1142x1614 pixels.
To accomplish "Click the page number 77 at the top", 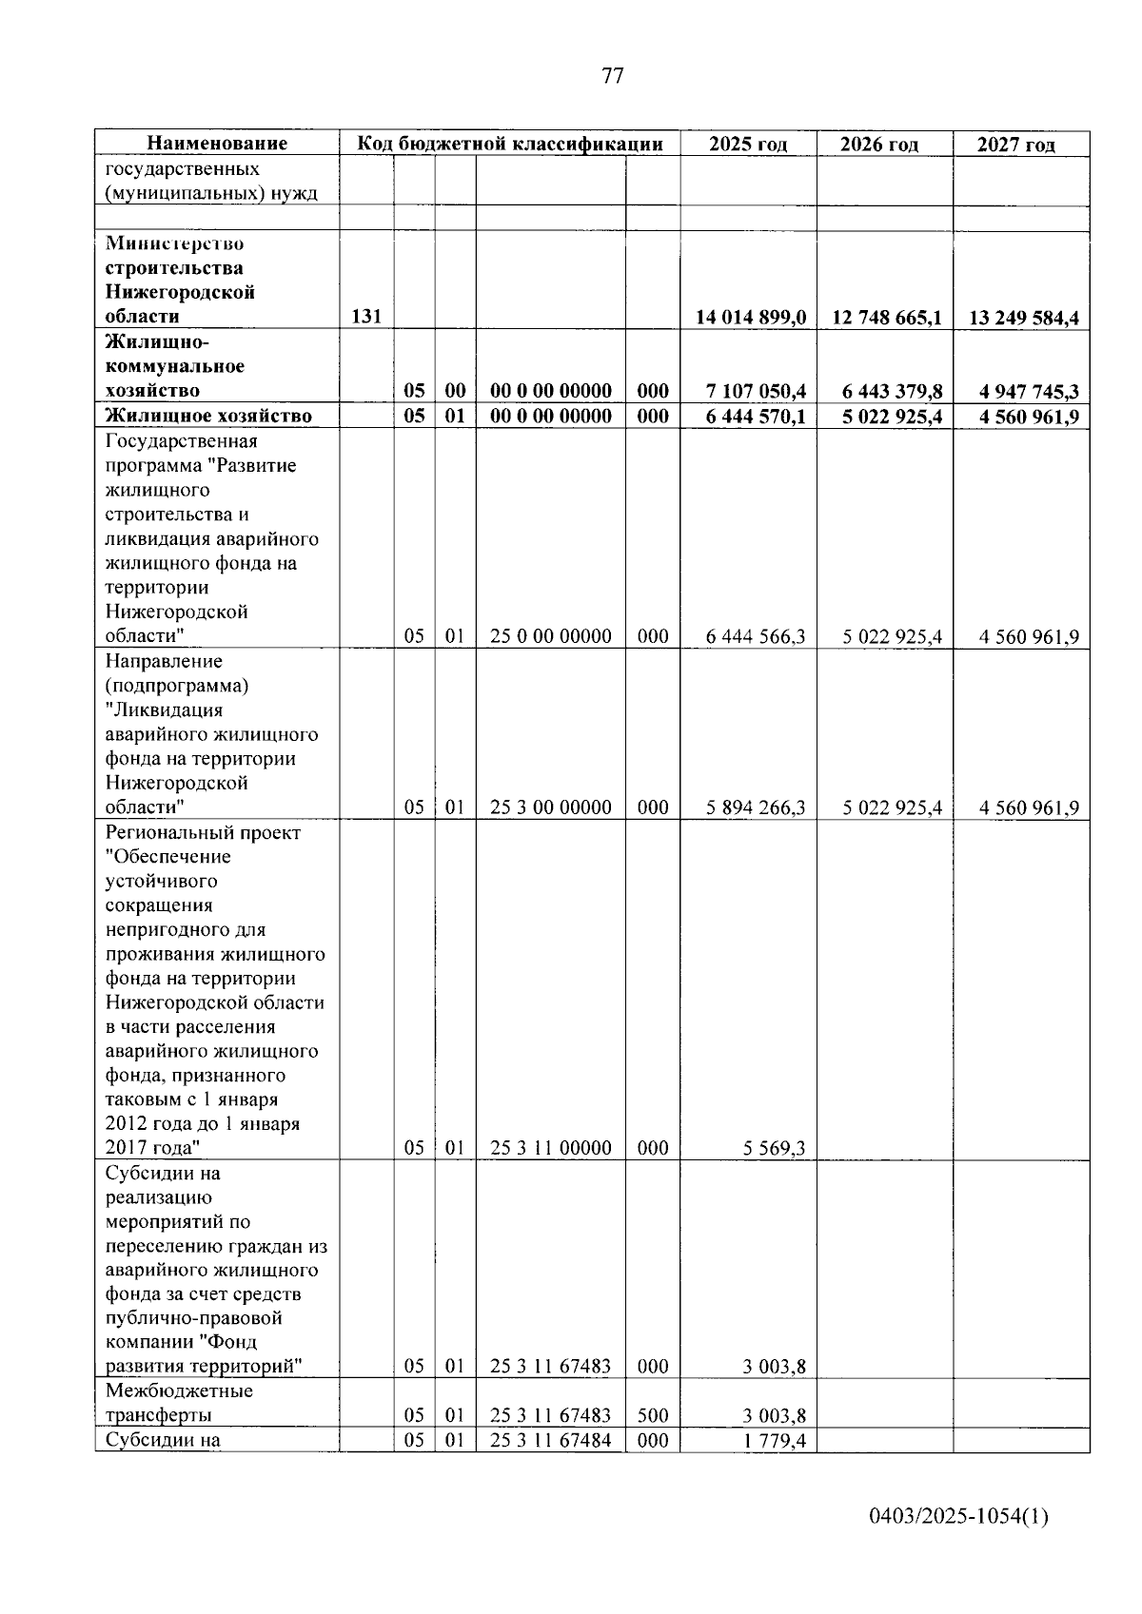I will [613, 77].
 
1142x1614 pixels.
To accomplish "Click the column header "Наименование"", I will [217, 144].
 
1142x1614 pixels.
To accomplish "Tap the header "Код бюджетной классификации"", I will [509, 144].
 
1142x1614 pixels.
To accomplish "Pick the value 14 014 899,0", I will [751, 318].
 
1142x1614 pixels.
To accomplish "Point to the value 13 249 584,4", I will [1023, 318].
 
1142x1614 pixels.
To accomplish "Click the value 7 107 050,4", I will [756, 391].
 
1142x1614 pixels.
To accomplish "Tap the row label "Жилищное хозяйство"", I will [208, 416].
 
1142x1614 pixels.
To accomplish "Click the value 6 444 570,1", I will [756, 416].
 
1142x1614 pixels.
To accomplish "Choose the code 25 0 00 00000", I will [550, 636].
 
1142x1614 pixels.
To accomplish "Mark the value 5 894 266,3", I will [756, 807].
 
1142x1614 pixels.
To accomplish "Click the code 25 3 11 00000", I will [550, 1148].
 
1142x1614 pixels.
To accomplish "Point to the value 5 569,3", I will [775, 1148].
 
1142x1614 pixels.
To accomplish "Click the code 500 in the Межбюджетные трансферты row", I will [653, 1415].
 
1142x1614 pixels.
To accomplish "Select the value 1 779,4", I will [775, 1441].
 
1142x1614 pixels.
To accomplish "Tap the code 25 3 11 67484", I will [550, 1441].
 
